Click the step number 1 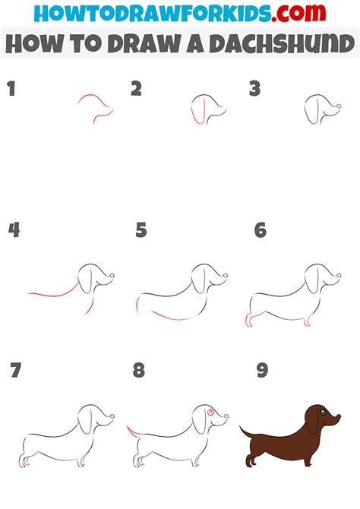11,89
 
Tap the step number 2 137,89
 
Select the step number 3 255,89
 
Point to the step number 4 14,230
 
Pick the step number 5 141,230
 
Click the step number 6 261,230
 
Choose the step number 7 16,370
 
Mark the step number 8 139,370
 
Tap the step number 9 262,370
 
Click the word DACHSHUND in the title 282,43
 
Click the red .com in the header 298,13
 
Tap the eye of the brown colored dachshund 323,413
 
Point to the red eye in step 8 210,412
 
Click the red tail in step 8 132,432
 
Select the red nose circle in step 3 339,106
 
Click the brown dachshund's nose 339,416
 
